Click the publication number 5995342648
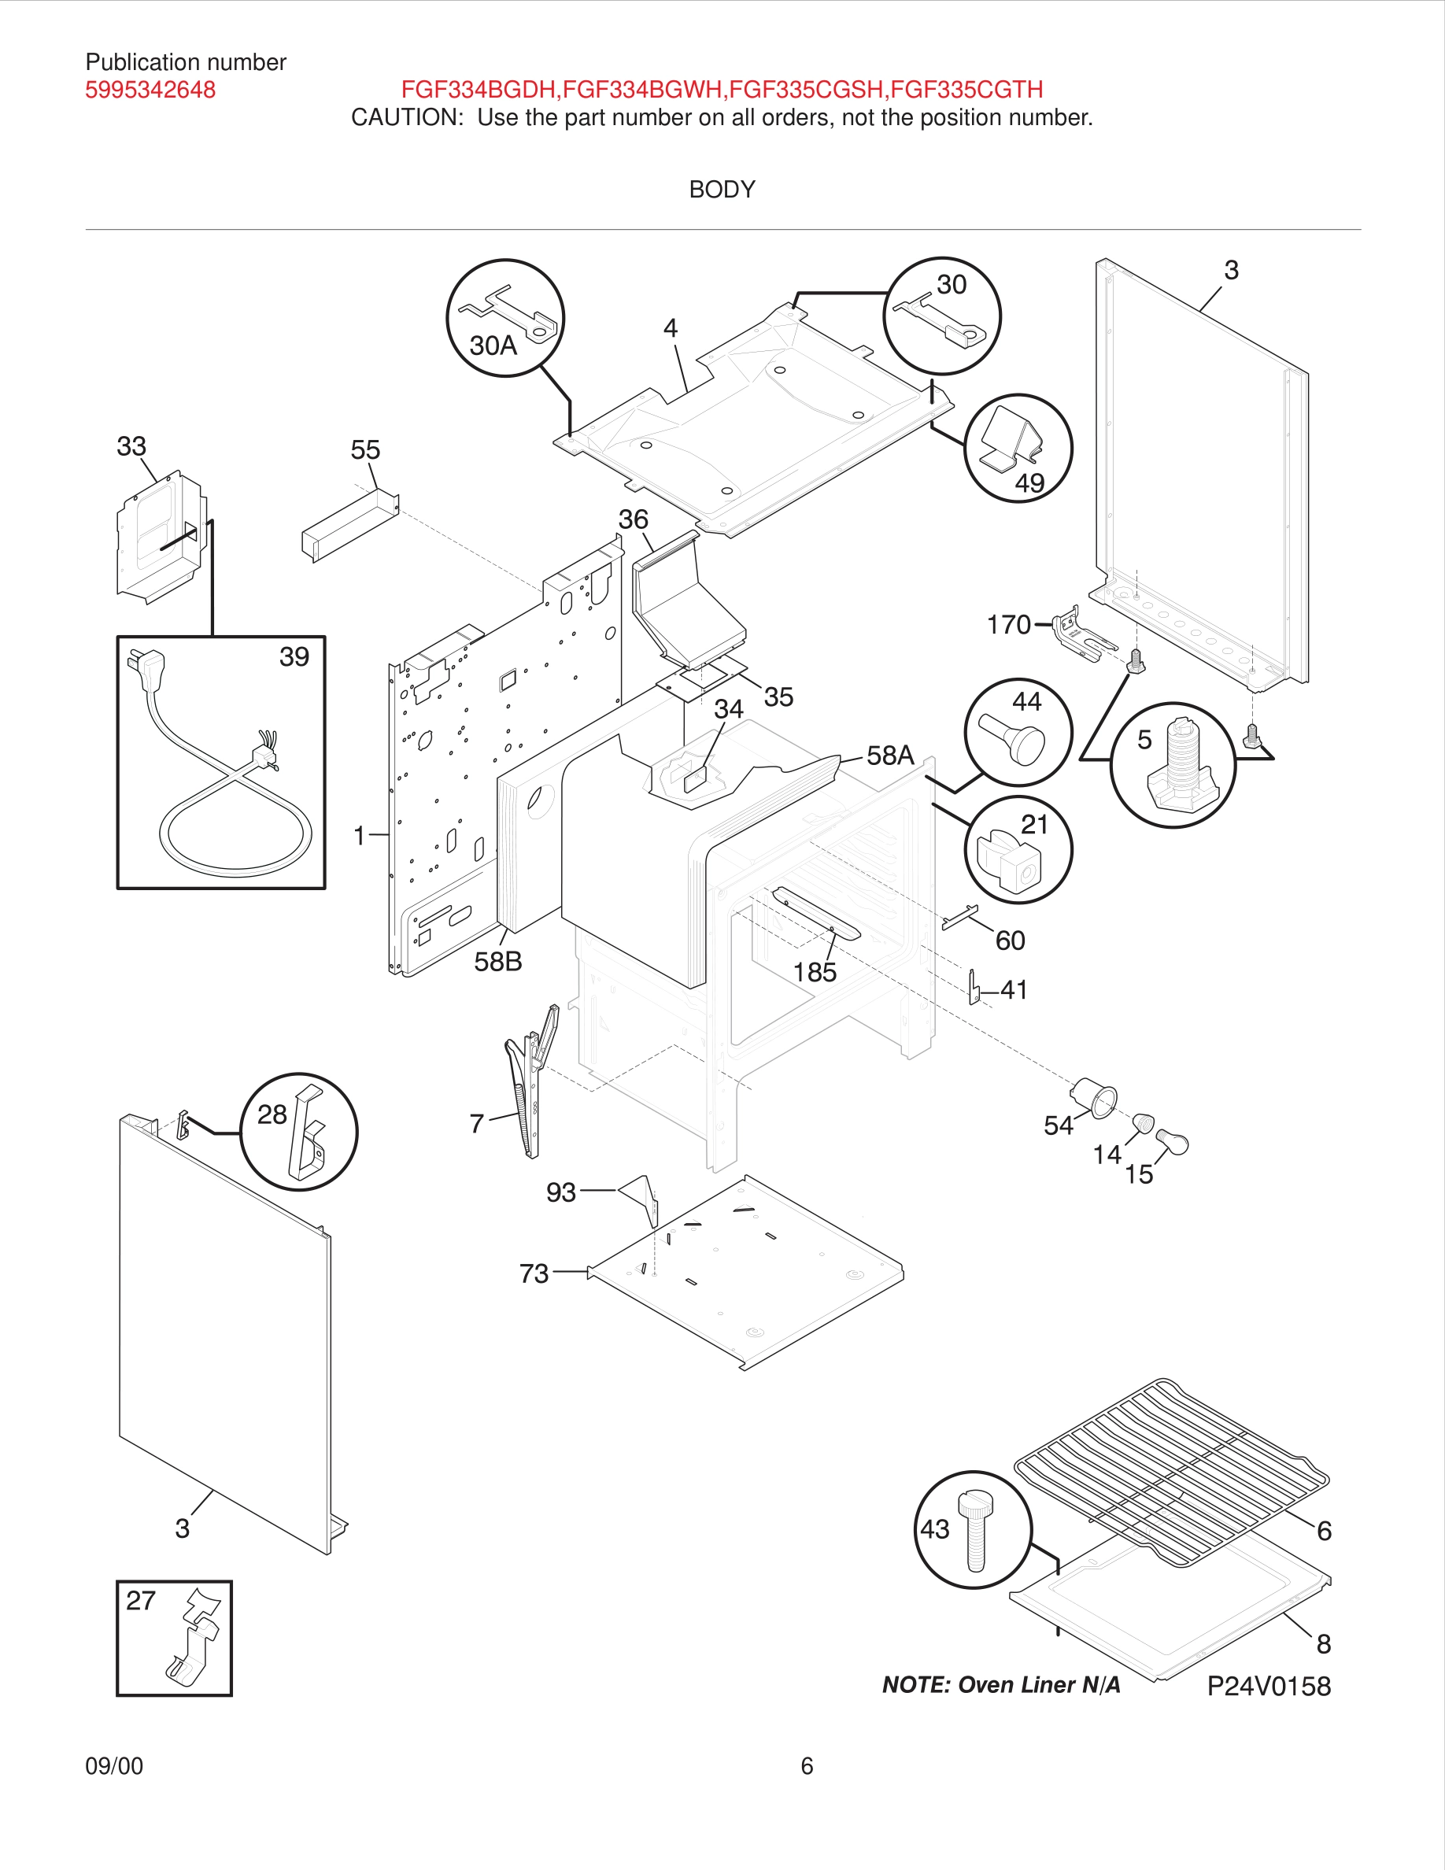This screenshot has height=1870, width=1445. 150,90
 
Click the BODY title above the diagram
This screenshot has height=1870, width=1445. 722,189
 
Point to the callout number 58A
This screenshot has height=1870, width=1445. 890,756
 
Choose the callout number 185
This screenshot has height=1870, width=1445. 814,972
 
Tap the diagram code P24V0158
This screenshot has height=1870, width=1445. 1269,1687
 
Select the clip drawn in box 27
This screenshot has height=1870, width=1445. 195,1639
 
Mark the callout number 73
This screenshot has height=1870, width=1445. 534,1273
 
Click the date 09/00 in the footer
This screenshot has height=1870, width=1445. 114,1765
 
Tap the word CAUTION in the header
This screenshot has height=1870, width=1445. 407,117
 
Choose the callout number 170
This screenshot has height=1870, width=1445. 1008,624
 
